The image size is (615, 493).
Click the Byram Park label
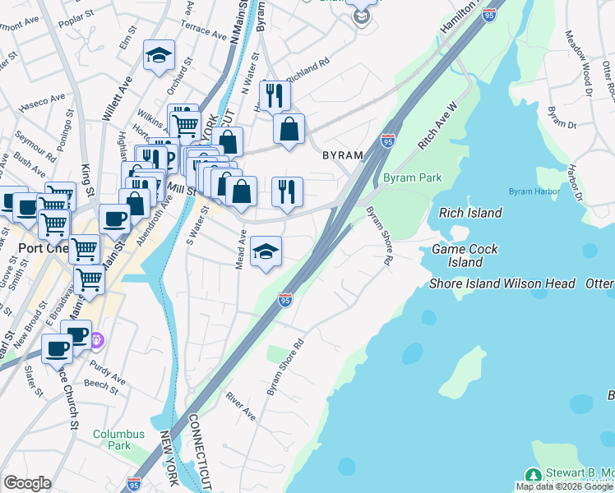(412, 177)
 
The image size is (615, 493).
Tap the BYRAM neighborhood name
(342, 155)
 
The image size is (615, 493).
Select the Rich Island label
(470, 213)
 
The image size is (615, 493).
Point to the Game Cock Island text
(465, 256)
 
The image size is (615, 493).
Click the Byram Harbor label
(533, 191)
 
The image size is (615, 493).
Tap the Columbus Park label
(118, 440)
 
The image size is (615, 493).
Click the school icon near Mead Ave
(266, 251)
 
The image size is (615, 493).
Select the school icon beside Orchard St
(159, 56)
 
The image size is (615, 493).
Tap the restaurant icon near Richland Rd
(275, 95)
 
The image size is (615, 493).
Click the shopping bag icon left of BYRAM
(289, 129)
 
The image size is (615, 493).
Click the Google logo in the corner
(27, 483)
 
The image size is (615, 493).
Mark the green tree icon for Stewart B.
(533, 475)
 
